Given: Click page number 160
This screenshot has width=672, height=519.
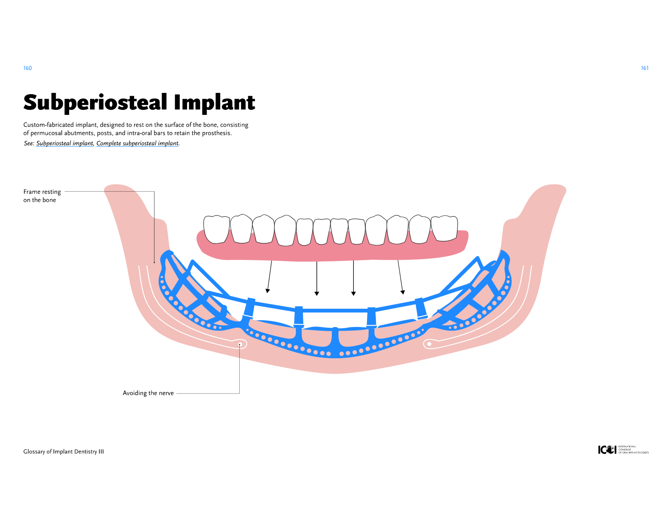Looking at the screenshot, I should [28, 68].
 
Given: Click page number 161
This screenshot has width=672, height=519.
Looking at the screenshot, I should [644, 68].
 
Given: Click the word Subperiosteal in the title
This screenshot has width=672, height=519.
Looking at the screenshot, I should [95, 103].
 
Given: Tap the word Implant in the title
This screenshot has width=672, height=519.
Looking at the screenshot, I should [214, 103].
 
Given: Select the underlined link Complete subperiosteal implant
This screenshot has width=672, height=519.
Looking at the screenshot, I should [137, 143].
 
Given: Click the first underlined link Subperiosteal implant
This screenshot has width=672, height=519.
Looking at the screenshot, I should [64, 143].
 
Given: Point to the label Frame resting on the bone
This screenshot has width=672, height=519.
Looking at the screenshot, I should [42, 196].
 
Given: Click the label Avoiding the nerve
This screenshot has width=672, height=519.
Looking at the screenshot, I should [148, 393].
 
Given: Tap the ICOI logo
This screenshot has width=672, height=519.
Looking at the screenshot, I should [607, 449].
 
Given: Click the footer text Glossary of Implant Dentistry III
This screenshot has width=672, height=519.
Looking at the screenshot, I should [64, 452].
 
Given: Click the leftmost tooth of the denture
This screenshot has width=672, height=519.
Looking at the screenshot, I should [216, 229].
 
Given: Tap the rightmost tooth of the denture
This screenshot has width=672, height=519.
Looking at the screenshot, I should [444, 228].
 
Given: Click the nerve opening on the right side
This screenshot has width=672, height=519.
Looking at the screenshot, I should [429, 344].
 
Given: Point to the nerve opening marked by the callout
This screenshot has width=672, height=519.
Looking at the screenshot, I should [240, 344].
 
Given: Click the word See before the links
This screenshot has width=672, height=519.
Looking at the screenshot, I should [28, 143].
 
